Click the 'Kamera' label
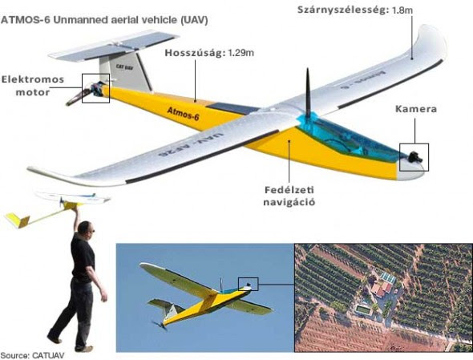click(x=416, y=109)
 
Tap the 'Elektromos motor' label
click(x=33, y=86)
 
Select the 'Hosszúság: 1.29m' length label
click(x=209, y=53)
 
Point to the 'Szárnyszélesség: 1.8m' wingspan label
click(x=354, y=10)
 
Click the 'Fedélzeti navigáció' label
click(x=289, y=196)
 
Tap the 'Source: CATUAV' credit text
click(x=33, y=355)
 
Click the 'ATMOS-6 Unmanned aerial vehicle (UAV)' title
click(x=104, y=20)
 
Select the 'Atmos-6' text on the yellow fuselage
click(x=183, y=114)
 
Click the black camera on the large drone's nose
click(x=415, y=157)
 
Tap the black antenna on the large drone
click(x=308, y=94)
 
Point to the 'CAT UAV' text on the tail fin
click(x=124, y=67)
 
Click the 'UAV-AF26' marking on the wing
click(x=189, y=144)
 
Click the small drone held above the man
click(x=57, y=208)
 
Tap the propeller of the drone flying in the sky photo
click(x=160, y=326)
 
